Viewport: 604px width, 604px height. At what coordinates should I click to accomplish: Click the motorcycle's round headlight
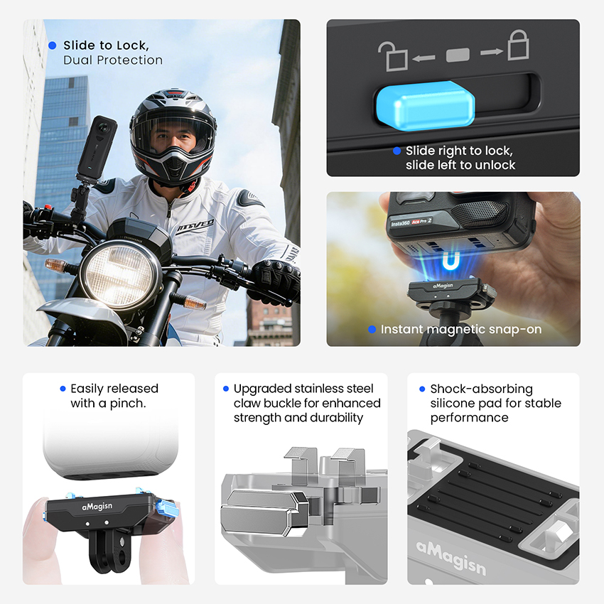click(120, 273)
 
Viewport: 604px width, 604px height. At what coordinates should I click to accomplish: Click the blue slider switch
click(425, 103)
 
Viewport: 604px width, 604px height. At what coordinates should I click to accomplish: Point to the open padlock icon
click(392, 56)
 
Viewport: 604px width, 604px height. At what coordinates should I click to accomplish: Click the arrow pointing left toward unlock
click(424, 58)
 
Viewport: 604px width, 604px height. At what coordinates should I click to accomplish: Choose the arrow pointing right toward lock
click(492, 52)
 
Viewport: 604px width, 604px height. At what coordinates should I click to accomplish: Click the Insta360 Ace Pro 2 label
click(411, 222)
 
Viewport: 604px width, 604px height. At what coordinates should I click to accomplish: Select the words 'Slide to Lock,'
click(106, 45)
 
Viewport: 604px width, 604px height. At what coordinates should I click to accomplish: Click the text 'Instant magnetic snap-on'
click(461, 329)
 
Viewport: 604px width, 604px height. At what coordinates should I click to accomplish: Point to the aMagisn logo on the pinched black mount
click(97, 506)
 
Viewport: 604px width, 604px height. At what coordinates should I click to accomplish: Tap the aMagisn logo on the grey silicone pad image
click(451, 557)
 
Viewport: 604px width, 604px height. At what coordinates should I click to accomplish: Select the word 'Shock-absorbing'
click(482, 389)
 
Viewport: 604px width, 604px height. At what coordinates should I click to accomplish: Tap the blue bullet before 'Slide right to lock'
click(397, 151)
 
